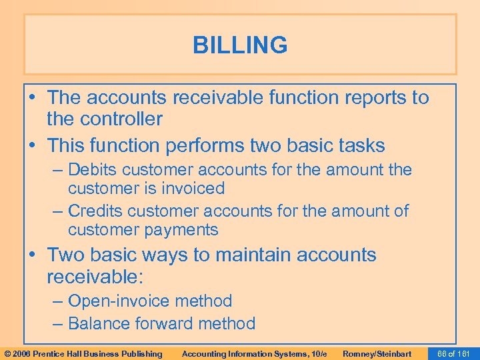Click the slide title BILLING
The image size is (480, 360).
(240, 45)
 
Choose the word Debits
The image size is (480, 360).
(95, 170)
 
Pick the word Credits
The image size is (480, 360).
(95, 211)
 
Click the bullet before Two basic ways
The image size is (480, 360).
(37, 255)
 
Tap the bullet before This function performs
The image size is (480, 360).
(37, 145)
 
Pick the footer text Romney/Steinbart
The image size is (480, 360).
(377, 353)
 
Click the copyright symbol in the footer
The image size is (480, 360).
(7, 353)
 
